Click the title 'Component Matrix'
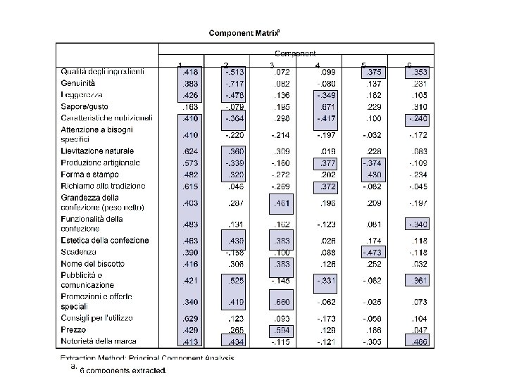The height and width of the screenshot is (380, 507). [244, 32]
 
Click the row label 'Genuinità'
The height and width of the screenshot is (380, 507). [78, 83]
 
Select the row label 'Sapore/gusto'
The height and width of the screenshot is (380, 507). [83, 106]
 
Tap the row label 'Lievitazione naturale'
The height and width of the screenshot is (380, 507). [92, 151]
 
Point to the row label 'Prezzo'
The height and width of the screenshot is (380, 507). [73, 329]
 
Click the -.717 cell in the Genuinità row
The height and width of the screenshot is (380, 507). [234, 83]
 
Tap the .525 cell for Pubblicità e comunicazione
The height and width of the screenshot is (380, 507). [235, 281]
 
